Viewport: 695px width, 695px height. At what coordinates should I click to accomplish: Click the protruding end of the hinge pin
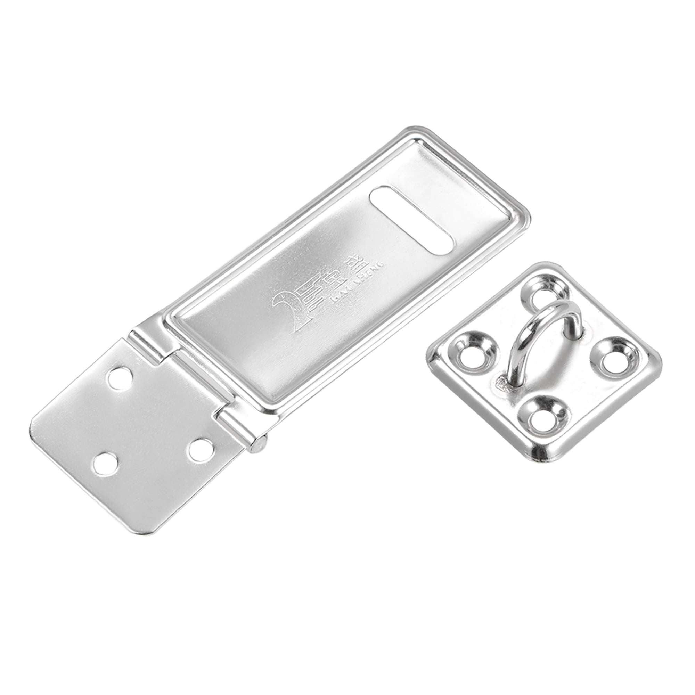coord(259,445)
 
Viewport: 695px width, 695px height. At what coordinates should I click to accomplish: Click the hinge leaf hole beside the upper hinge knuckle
coord(121,379)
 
